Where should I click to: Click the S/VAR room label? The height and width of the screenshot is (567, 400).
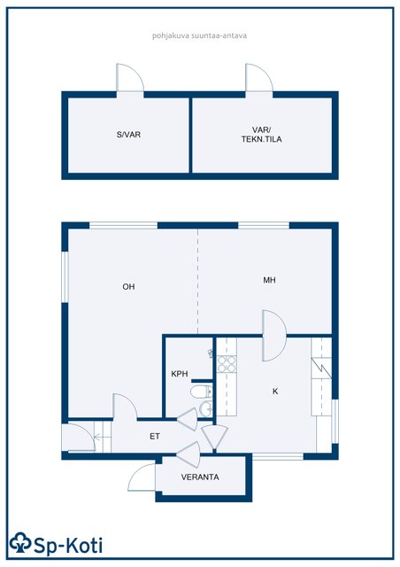[x=128, y=135]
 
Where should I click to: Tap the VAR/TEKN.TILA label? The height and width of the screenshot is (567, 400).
[x=262, y=135]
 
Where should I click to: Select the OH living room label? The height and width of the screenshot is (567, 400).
[x=128, y=287]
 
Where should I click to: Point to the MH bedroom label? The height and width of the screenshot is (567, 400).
[x=270, y=280]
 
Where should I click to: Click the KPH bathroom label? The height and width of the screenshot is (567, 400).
[x=180, y=374]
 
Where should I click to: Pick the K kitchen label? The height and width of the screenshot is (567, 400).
[x=275, y=391]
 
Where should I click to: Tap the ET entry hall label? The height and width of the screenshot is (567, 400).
[x=155, y=436]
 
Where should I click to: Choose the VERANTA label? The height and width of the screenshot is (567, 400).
[x=200, y=477]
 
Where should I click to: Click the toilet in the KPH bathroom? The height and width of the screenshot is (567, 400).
[x=201, y=392]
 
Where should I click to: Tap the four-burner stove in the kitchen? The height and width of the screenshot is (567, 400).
[x=227, y=364]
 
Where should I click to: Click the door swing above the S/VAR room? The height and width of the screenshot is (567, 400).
[x=130, y=77]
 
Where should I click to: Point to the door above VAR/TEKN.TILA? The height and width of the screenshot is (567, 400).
[x=259, y=77]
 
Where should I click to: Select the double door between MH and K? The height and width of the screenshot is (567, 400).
[x=274, y=336]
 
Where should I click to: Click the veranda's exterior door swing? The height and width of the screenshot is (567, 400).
[x=142, y=478]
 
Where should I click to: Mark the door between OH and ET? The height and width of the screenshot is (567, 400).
[x=125, y=406]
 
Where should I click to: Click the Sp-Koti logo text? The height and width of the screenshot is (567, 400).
[x=68, y=546]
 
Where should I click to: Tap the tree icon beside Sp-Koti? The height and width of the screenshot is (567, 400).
[x=20, y=542]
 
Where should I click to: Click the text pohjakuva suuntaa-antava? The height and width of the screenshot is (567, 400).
[x=199, y=35]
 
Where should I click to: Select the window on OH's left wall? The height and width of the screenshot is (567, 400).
[x=65, y=276]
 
